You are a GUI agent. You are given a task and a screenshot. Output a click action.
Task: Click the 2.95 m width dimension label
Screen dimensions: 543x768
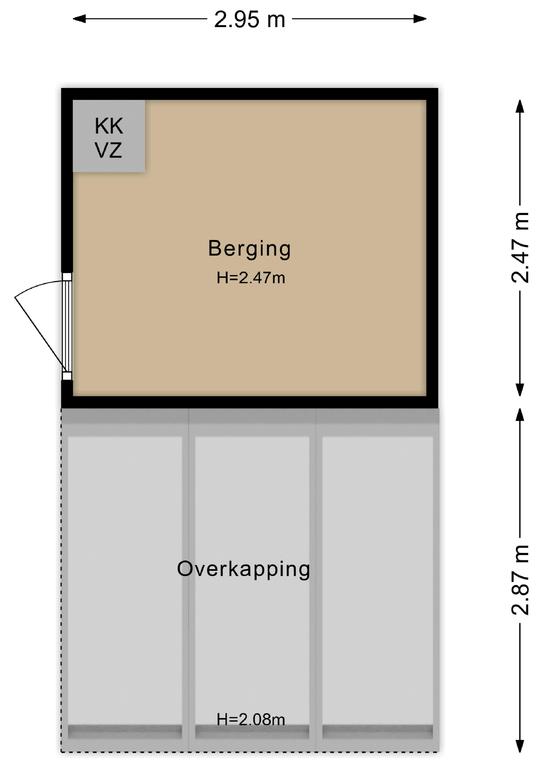click(250, 20)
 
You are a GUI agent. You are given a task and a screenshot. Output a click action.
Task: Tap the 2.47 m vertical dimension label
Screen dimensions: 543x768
click(520, 247)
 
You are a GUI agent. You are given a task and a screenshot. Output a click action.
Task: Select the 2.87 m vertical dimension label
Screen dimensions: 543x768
click(520, 580)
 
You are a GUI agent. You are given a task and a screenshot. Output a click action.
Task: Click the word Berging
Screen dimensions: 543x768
click(249, 249)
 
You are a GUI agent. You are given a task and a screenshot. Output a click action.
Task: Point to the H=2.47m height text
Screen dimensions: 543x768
click(251, 278)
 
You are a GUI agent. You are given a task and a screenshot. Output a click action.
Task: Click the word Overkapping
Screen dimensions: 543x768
click(243, 570)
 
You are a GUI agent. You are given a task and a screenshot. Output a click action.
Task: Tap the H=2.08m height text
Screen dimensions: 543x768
click(251, 720)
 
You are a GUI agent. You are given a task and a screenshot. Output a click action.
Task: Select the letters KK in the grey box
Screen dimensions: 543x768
click(109, 126)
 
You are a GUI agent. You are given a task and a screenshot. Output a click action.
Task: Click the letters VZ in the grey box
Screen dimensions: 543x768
click(108, 150)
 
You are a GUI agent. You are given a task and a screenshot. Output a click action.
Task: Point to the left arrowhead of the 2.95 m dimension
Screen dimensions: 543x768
click(80, 19)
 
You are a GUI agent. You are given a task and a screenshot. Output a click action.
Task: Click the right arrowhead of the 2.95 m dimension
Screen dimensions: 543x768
click(420, 19)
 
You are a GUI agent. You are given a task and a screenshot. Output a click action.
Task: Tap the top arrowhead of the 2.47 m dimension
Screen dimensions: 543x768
click(520, 106)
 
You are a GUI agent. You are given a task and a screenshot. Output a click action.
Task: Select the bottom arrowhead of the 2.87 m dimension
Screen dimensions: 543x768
click(520, 746)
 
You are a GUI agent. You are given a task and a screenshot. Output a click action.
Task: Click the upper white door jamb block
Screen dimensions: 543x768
click(67, 277)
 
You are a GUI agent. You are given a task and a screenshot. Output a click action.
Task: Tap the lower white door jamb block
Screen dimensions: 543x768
click(67, 376)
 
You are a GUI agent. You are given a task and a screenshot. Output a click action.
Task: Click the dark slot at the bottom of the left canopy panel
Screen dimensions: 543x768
click(125, 732)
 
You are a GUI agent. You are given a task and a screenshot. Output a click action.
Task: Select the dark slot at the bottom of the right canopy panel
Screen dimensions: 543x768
click(378, 732)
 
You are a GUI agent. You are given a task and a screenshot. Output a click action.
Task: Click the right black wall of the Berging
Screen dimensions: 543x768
click(432, 248)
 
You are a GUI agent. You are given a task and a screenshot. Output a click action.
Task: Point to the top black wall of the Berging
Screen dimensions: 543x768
click(250, 94)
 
